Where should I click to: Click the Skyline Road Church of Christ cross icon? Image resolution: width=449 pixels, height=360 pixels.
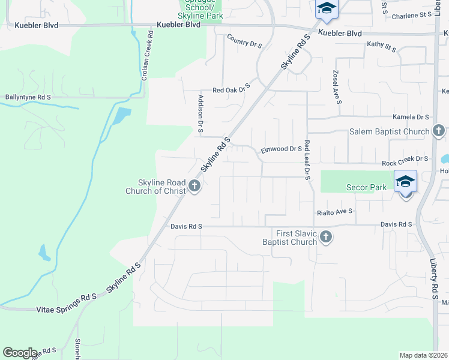click(194, 186)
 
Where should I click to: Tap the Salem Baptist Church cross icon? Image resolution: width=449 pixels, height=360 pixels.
click(439, 131)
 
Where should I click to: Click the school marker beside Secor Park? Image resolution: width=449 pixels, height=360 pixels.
click(405, 182)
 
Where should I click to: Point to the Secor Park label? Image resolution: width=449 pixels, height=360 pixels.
click(366, 187)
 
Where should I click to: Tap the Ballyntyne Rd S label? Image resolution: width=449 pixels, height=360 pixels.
click(28, 96)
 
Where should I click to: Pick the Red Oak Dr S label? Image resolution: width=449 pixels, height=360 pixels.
click(231, 89)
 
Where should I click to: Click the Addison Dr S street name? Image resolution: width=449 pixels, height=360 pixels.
click(201, 113)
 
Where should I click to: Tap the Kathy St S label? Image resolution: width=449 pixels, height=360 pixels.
click(381, 46)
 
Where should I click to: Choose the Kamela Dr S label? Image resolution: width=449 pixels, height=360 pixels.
click(411, 118)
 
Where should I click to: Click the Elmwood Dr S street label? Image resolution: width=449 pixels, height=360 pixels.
click(280, 149)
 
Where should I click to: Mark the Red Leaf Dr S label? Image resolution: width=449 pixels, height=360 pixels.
click(307, 160)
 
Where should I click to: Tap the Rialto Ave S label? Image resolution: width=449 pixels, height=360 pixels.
click(334, 212)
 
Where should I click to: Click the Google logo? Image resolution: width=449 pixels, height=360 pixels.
click(20, 353)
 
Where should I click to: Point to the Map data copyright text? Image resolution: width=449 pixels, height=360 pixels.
click(423, 355)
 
